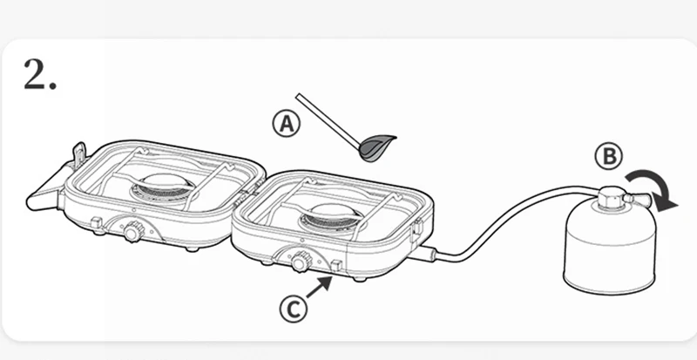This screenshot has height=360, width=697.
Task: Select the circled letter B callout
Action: pos(609,157)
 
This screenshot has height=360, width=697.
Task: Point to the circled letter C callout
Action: pos(294,306)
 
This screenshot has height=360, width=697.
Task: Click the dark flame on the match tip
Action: pos(376,147)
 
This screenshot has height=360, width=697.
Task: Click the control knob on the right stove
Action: pos(301,261)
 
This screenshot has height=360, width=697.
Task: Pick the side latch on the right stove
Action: pos(417,228)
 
